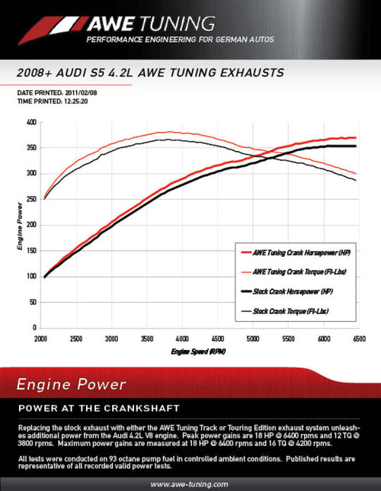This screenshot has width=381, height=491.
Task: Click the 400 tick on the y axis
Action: coord(30,122)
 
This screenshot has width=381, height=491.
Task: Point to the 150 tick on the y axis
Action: coord(30,251)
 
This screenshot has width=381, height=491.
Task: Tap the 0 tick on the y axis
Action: coord(35,329)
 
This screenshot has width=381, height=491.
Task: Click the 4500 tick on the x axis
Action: coord(216,338)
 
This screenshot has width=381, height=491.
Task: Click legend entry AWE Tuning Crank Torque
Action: coord(301,271)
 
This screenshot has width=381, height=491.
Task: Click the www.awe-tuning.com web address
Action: coord(190,483)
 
